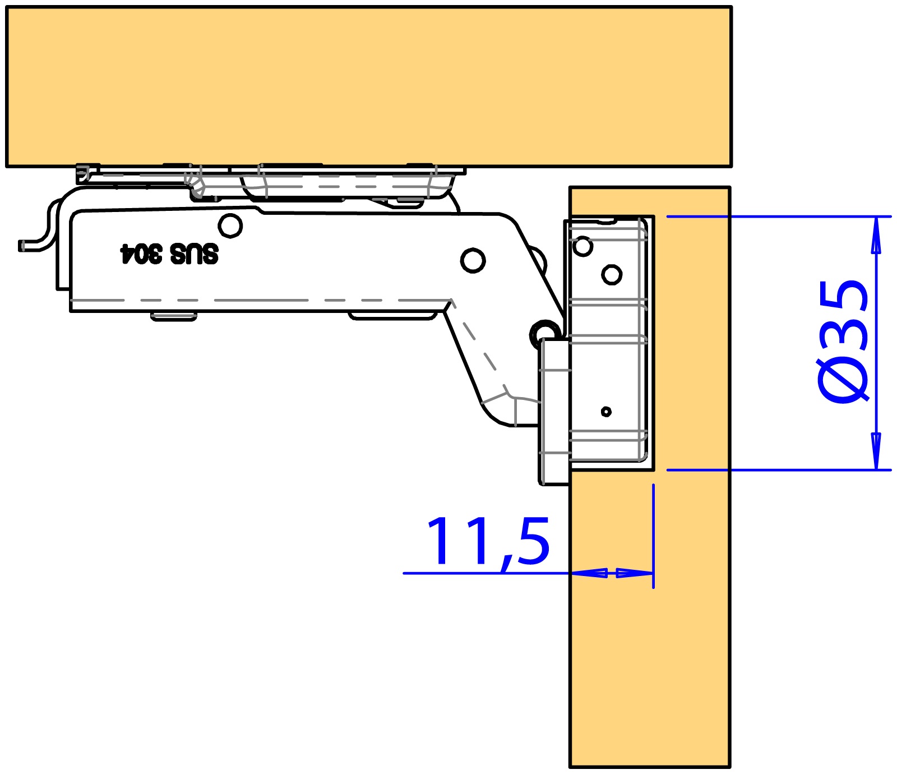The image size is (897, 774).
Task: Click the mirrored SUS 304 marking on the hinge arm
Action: click(x=169, y=254)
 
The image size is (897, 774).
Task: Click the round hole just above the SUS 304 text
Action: click(x=230, y=226)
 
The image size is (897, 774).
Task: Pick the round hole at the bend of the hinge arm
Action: click(x=473, y=260)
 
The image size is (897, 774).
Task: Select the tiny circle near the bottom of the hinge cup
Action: click(x=606, y=412)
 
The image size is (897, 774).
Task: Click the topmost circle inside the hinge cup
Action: click(x=583, y=246)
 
